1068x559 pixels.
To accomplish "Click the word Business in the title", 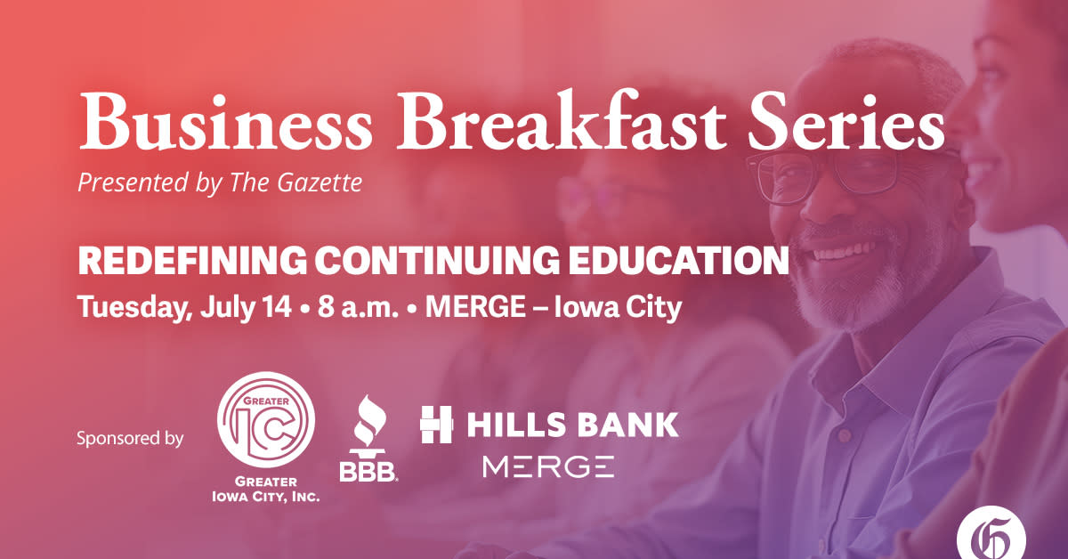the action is point(225,121).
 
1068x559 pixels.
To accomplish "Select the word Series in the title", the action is point(846,121).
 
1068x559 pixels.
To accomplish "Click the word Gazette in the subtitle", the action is point(320,182).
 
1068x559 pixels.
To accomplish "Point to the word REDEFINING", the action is point(192,260).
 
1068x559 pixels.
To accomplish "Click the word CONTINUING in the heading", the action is point(437,260).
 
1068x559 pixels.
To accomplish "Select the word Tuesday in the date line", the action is point(134,307).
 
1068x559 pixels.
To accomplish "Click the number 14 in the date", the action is point(276,307).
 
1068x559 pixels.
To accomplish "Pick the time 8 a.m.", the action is point(358,307).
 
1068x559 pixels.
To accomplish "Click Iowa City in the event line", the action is point(618,307).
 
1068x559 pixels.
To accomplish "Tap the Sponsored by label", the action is point(130,439).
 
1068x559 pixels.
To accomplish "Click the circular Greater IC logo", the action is point(266,420).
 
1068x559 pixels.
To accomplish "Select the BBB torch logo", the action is point(368,438).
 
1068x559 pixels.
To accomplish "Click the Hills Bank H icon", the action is point(436,425).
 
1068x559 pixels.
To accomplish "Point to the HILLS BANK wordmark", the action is point(572,425).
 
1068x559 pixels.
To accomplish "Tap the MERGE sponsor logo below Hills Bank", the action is point(548,466).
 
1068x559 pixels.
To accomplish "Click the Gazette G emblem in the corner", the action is point(991,534).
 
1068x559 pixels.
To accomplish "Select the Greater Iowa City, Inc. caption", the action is point(266,490).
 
